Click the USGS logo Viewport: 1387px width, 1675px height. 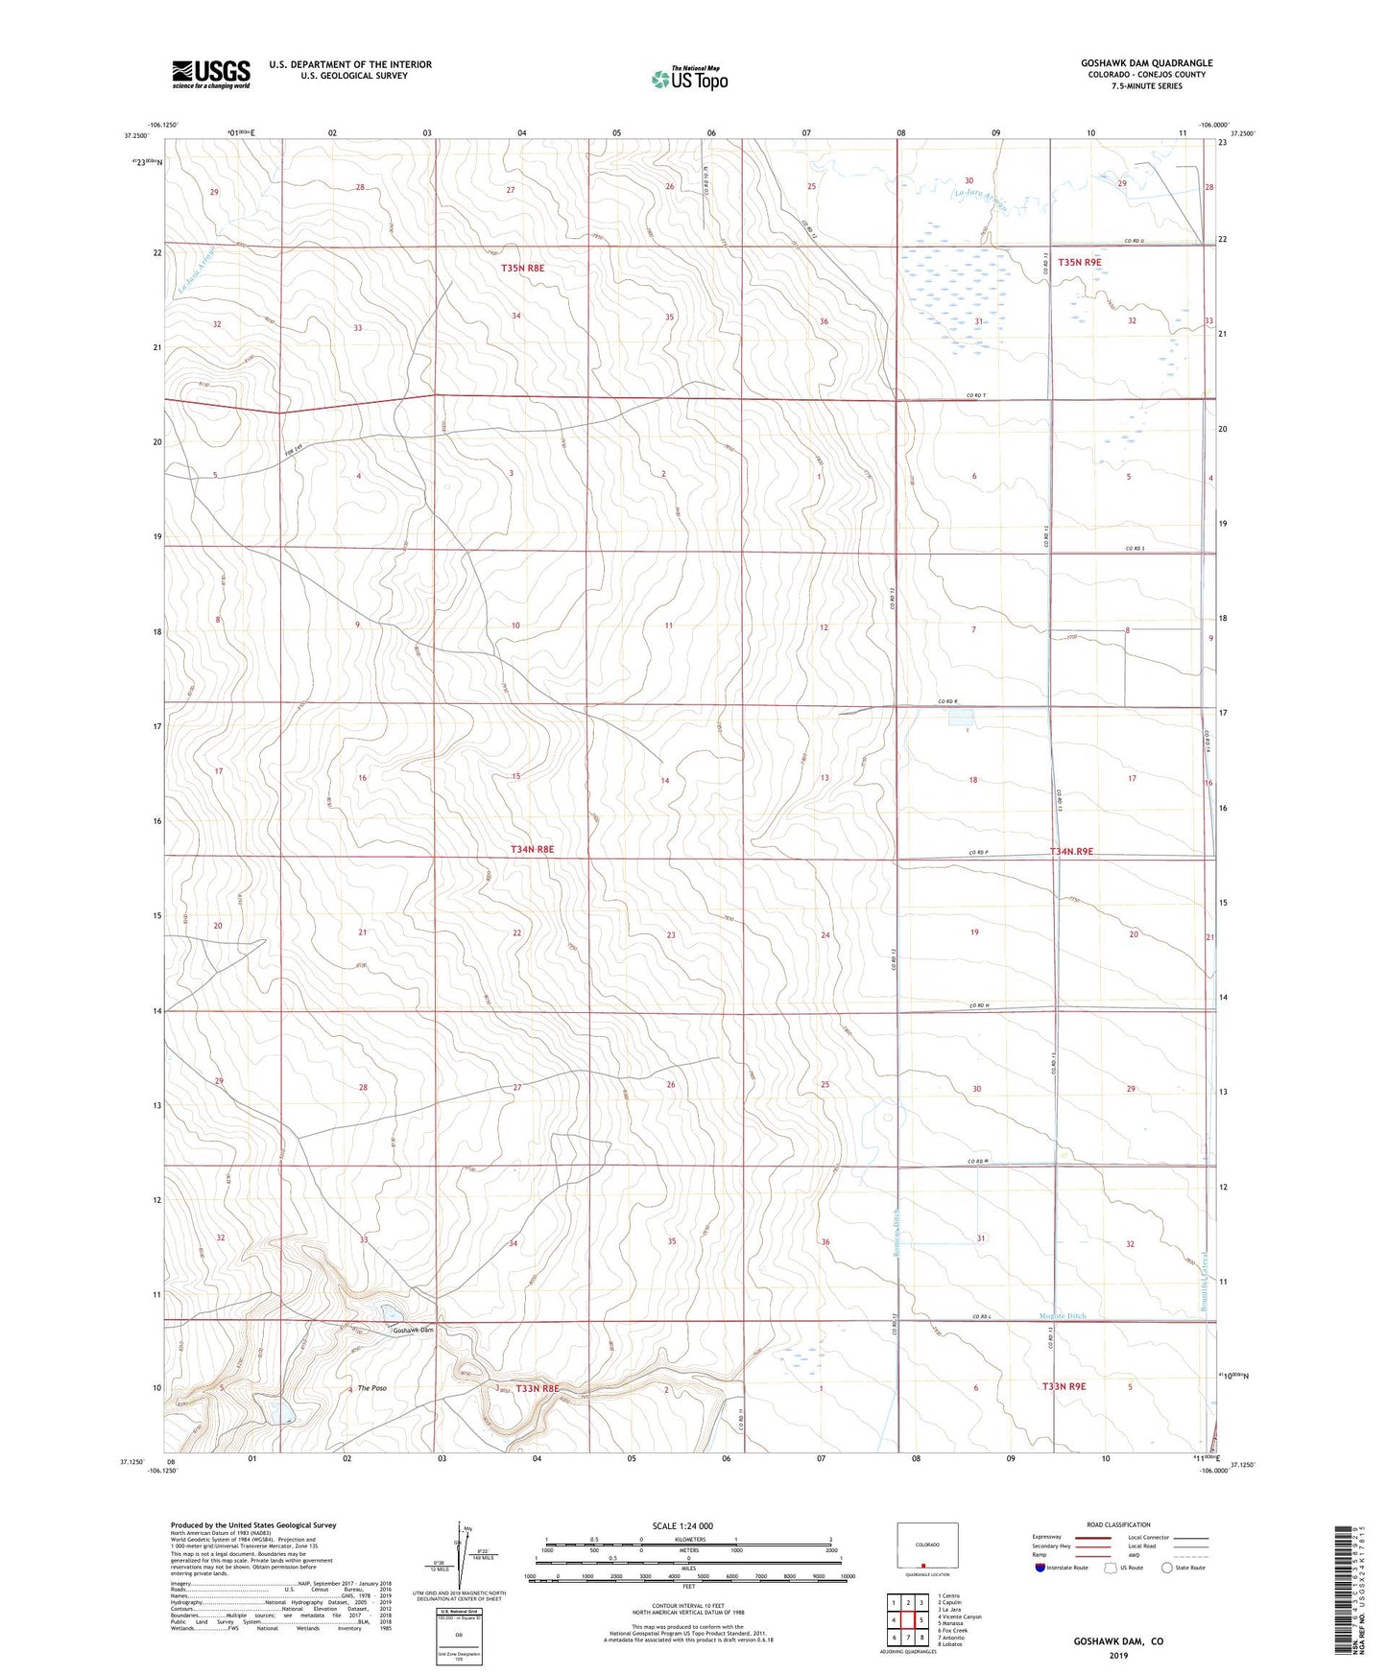211,74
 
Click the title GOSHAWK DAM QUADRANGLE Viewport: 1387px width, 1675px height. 1146,63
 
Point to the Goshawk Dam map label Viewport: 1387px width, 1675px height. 413,1331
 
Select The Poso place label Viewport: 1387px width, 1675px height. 372,1388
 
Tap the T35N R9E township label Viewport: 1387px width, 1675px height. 1079,262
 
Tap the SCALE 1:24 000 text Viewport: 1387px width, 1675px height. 682,1526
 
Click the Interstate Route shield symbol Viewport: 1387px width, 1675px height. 1040,1568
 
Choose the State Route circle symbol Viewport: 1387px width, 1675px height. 1167,1568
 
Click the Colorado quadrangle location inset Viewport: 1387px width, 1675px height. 927,1545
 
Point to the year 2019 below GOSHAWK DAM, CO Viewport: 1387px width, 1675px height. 1118,1655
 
